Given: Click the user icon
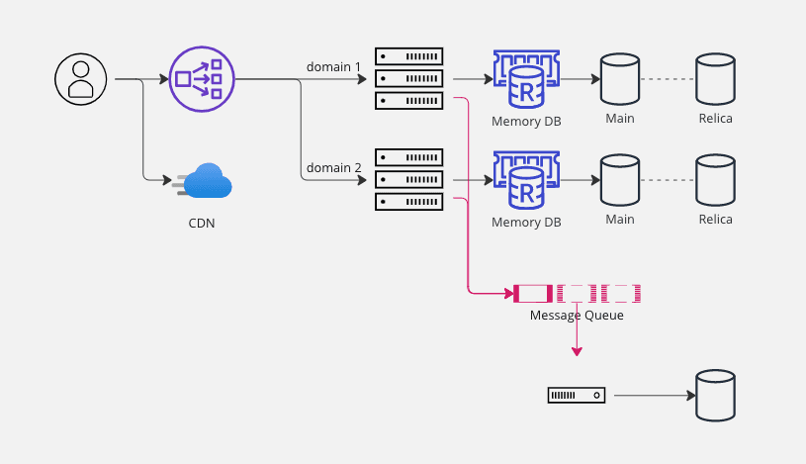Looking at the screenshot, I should point(80,78).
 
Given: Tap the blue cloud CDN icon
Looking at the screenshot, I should point(204,182).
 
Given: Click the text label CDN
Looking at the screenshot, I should point(202,223).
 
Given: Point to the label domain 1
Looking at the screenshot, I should point(333,66).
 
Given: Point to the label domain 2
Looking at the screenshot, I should point(333,168).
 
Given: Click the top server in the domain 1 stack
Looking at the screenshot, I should point(409,55).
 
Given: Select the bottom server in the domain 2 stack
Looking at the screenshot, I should point(409,202).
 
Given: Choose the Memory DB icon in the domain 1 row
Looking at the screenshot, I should point(526,79).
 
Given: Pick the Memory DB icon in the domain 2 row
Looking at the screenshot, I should point(526,180).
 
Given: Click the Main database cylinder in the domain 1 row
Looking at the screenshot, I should point(619,79).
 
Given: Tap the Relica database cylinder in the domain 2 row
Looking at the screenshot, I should point(715,180).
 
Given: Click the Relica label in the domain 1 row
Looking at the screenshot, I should point(715,119).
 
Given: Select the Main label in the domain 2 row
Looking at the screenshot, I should point(619,220).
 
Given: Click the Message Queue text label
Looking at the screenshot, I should point(577,316).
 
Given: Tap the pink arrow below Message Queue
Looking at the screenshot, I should point(577,341).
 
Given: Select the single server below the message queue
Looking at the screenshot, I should point(577,396).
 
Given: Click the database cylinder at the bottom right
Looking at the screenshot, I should point(715,396).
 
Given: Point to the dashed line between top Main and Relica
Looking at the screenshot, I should point(667,79).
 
